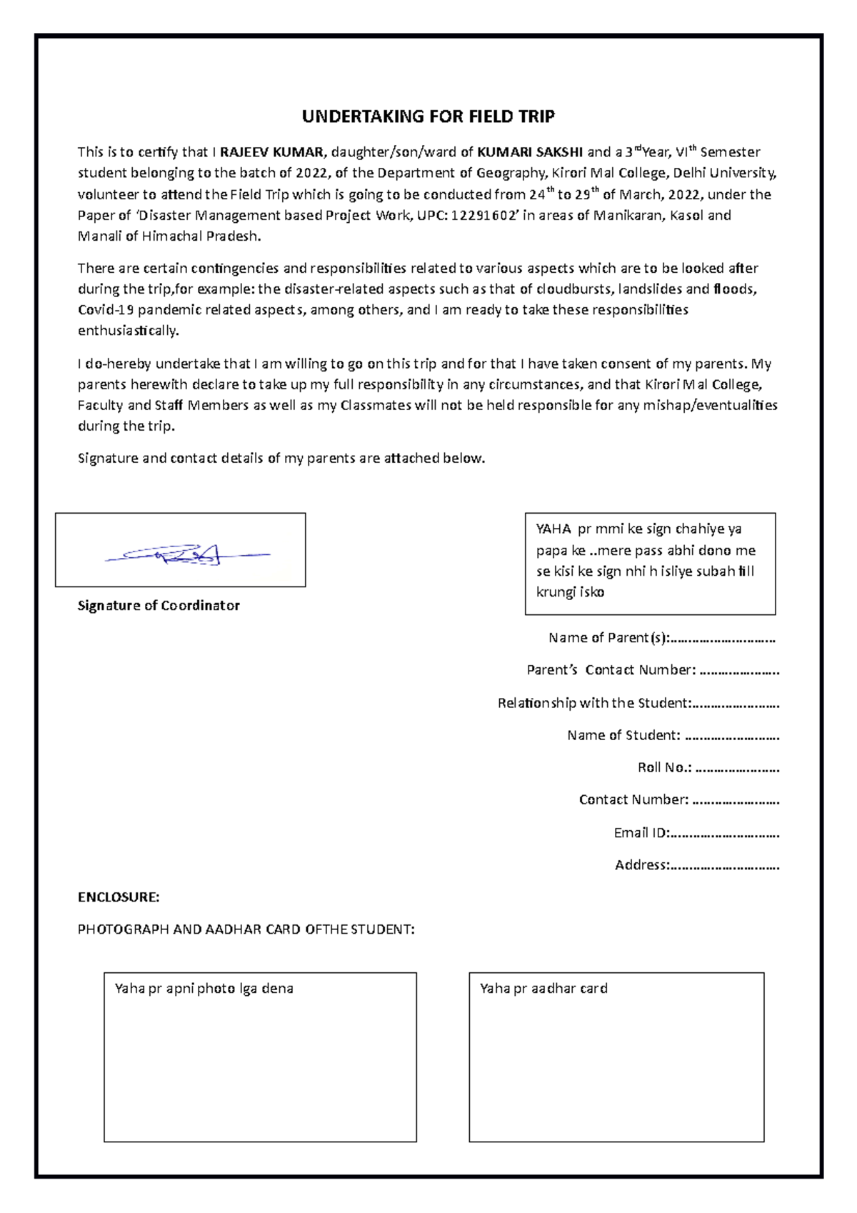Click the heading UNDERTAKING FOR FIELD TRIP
pyautogui.click(x=428, y=116)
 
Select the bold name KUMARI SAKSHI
pyautogui.click(x=530, y=152)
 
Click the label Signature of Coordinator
pyautogui.click(x=159, y=606)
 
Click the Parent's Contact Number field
pyautogui.click(x=739, y=670)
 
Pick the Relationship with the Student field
pyautogui.click(x=736, y=703)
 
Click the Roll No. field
pyautogui.click(x=737, y=768)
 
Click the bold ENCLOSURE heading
pyautogui.click(x=119, y=897)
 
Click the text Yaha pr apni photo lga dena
pyautogui.click(x=204, y=989)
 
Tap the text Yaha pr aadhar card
pyautogui.click(x=543, y=989)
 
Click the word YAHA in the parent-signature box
pyautogui.click(x=553, y=529)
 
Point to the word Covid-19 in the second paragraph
pyautogui.click(x=106, y=310)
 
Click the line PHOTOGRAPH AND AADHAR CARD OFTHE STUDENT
pyautogui.click(x=246, y=929)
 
